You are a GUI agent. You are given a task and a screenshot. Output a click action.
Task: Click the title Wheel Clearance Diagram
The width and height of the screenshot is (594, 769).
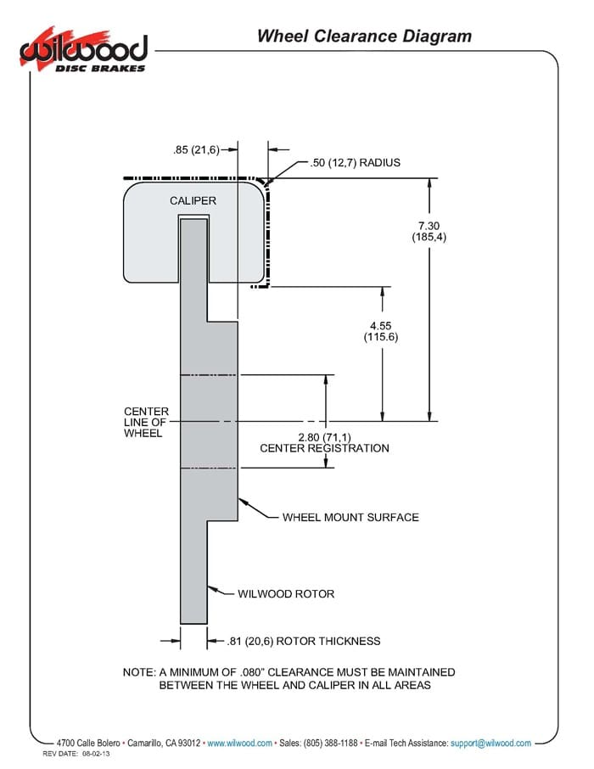click(x=364, y=36)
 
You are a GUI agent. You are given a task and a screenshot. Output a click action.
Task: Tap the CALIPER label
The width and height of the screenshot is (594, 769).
click(x=193, y=200)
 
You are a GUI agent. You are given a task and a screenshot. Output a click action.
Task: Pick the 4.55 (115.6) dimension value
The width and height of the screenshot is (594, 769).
click(x=381, y=332)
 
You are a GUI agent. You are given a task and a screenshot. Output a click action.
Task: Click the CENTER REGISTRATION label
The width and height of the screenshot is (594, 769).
click(x=324, y=448)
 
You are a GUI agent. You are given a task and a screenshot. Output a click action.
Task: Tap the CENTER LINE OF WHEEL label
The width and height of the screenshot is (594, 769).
click(x=146, y=422)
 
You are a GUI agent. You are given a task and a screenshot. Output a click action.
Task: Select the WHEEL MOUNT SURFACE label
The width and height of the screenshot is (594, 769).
click(x=350, y=518)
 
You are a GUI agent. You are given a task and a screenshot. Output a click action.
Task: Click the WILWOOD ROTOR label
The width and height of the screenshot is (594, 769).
click(x=286, y=594)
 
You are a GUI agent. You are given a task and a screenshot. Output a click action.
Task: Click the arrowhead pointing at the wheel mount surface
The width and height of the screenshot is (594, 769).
click(x=243, y=502)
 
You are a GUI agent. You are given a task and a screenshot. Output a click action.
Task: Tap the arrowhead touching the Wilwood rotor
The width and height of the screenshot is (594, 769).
click(x=211, y=588)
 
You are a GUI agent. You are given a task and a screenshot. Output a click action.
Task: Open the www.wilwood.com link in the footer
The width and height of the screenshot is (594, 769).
click(x=240, y=743)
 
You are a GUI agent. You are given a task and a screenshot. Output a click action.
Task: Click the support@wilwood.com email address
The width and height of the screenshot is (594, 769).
click(x=490, y=743)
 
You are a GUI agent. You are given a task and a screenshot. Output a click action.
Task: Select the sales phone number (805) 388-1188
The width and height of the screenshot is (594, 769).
click(x=331, y=743)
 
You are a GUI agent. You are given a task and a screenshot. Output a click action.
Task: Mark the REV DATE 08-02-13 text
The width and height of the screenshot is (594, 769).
click(x=76, y=754)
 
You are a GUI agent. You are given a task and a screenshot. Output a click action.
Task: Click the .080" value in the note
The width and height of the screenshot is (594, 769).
click(x=252, y=672)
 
